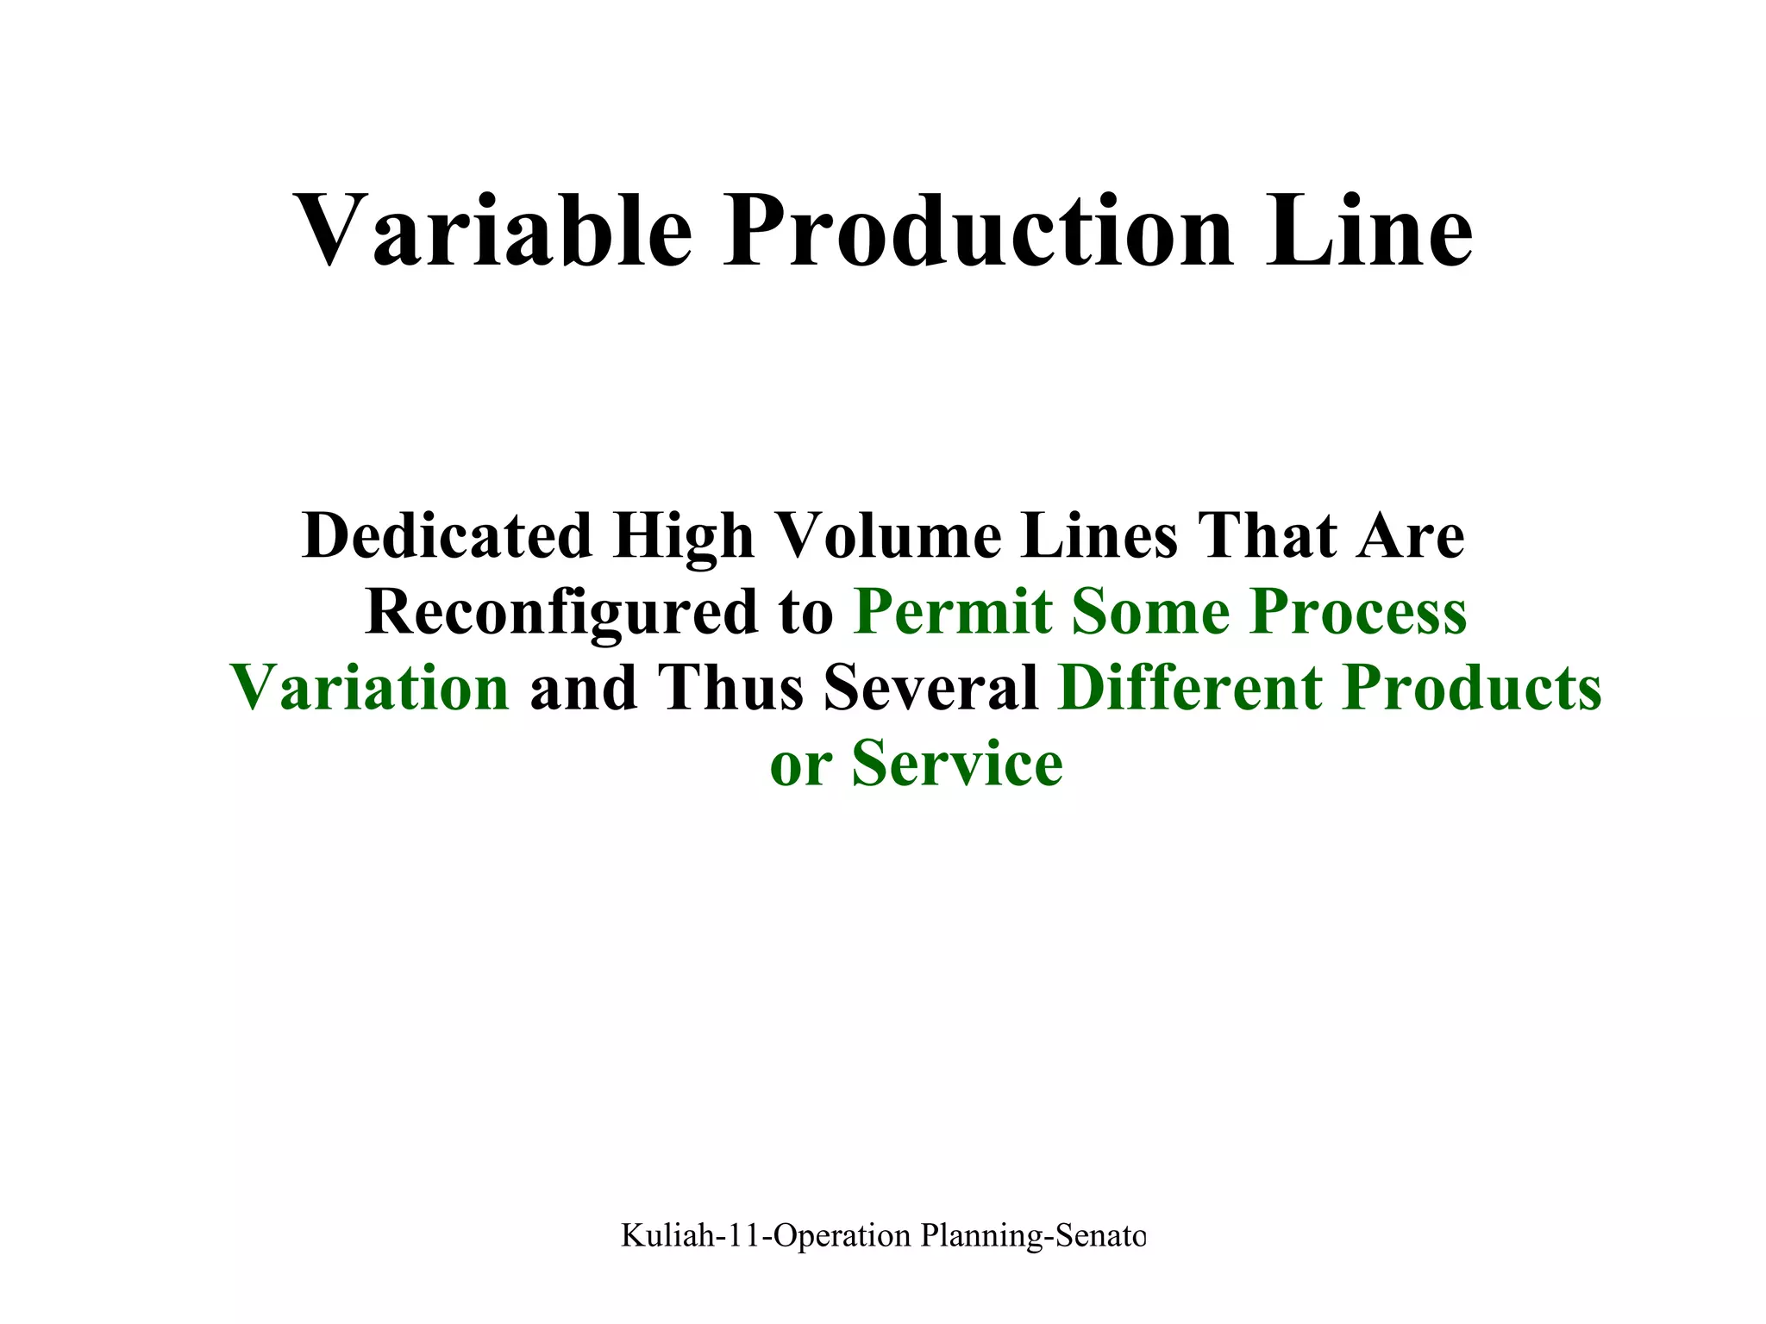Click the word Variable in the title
click(x=492, y=231)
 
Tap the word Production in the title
click(x=978, y=231)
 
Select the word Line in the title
click(x=1368, y=231)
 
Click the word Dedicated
click(x=448, y=536)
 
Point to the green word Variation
click(x=370, y=688)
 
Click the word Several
click(x=931, y=688)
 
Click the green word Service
click(x=957, y=764)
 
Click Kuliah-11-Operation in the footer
click(x=766, y=1235)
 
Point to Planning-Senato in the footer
click(x=1033, y=1235)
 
